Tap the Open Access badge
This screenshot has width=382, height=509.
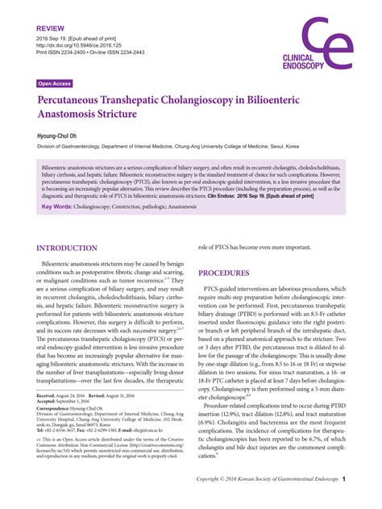(x=54, y=83)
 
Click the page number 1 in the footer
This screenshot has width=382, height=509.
(x=343, y=501)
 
